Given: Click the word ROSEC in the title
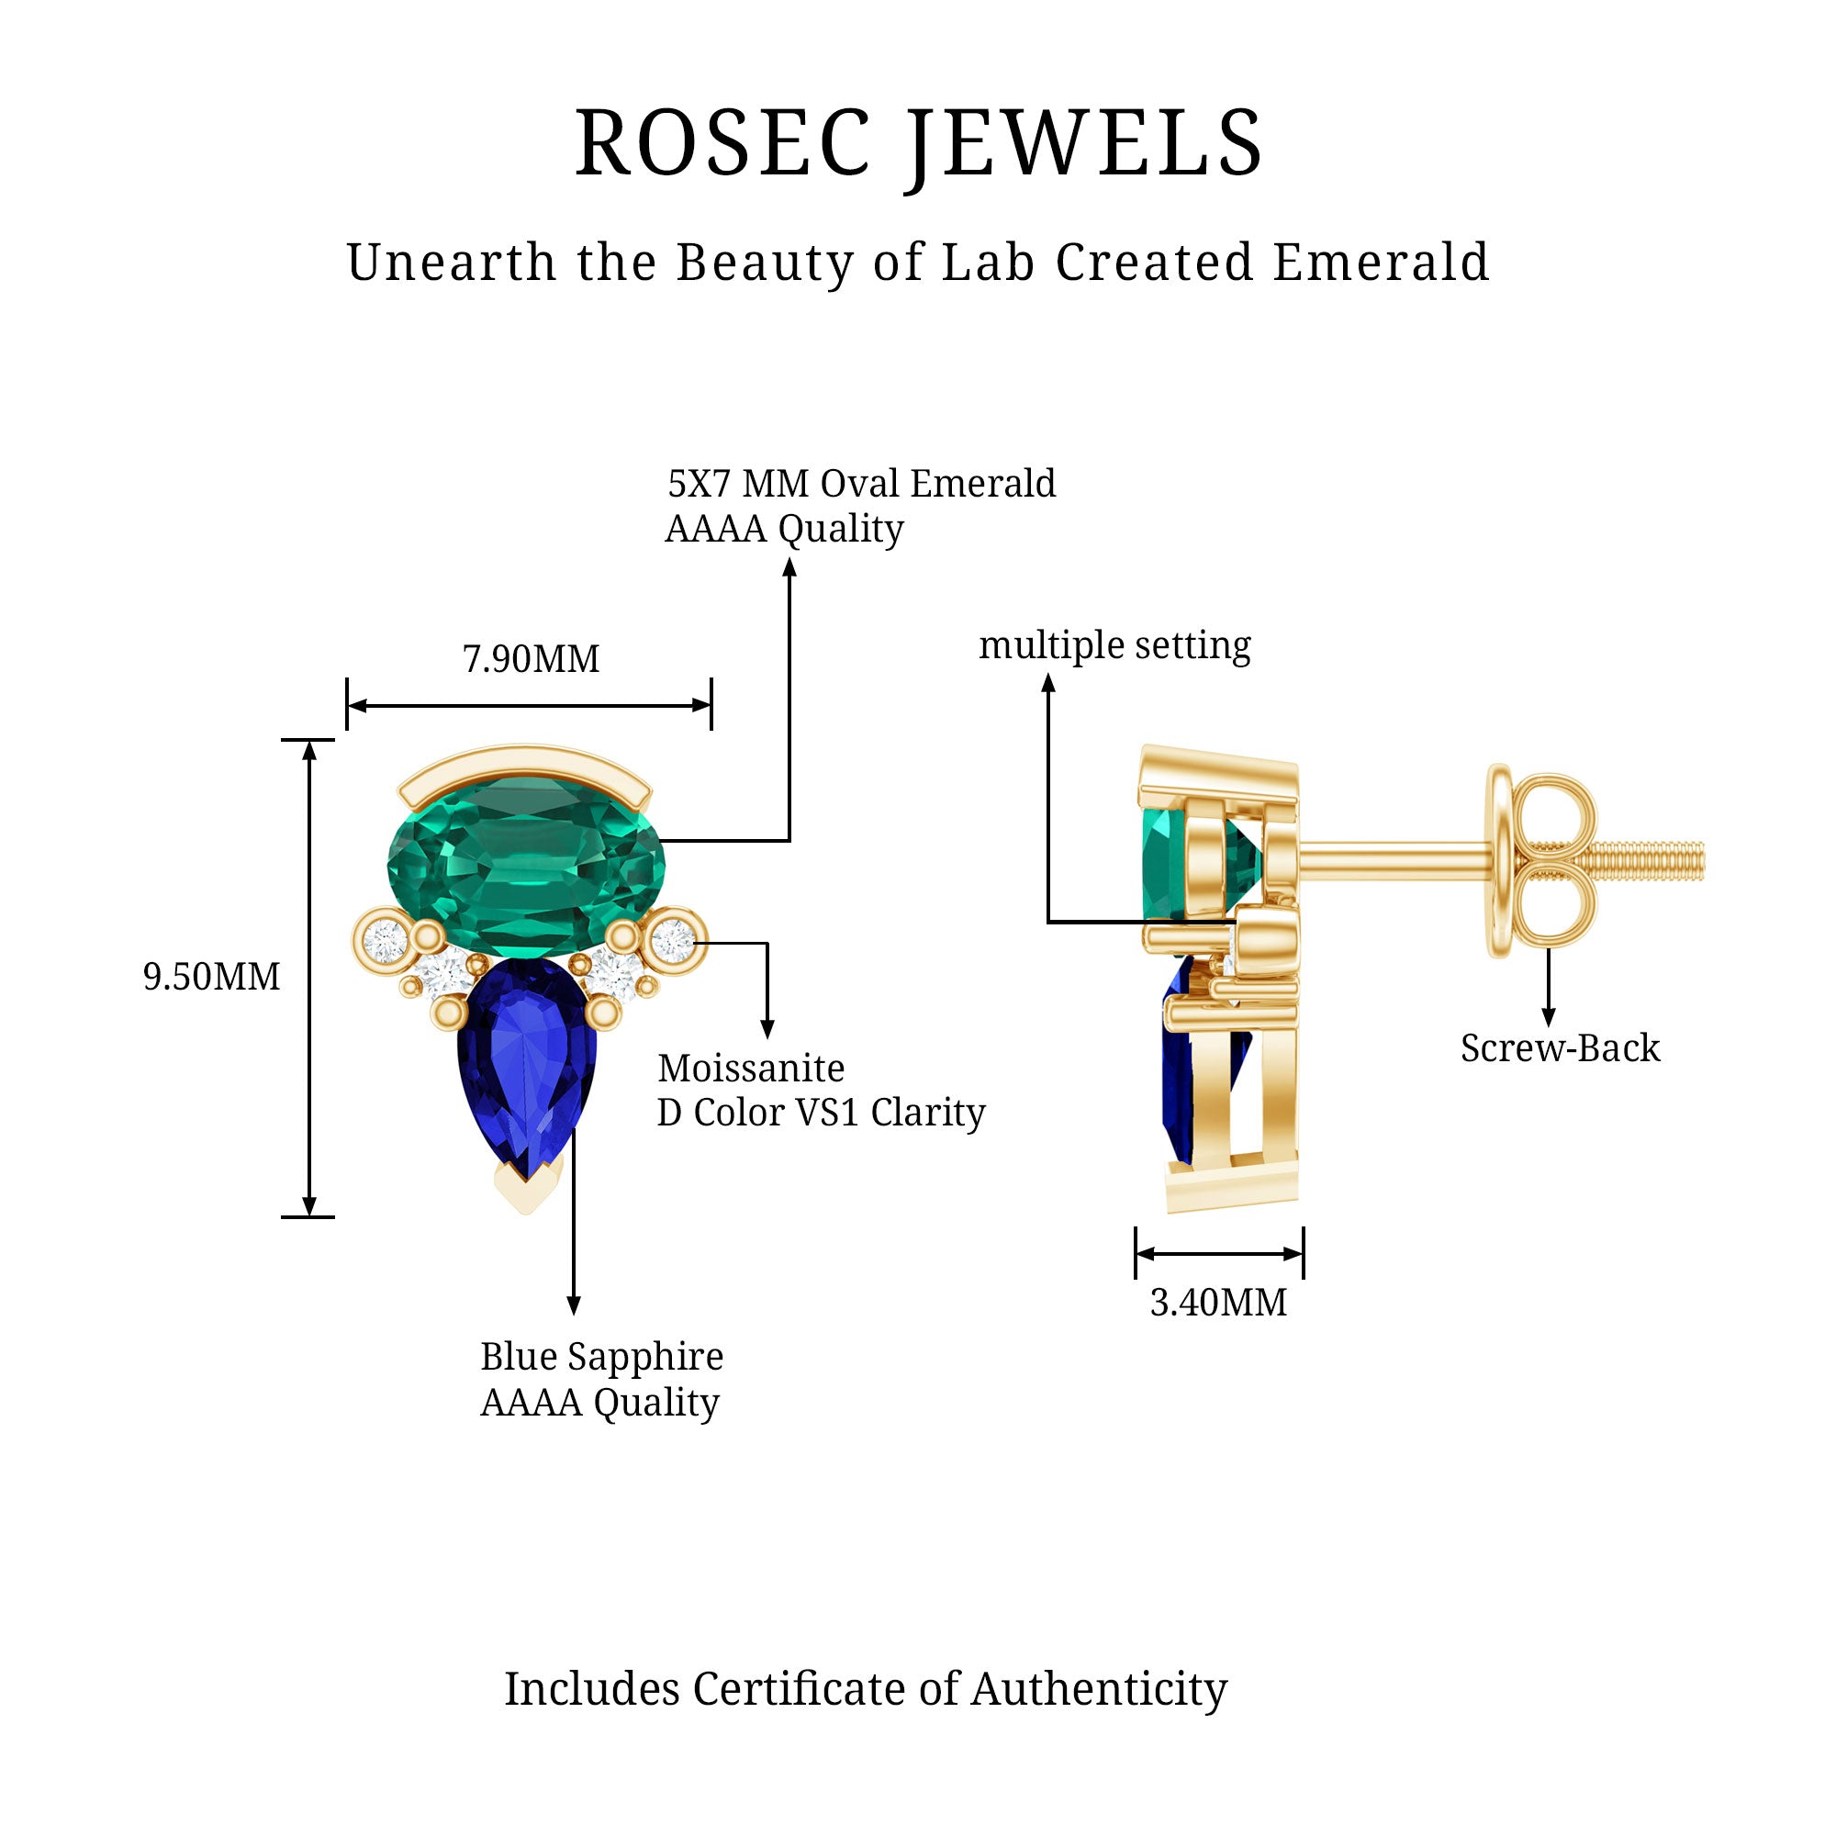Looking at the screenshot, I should pos(722,144).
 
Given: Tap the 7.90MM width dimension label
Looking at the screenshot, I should pos(531,658).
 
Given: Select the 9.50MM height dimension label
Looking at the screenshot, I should pos(211,977).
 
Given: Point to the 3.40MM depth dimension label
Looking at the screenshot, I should pos(1218,1302).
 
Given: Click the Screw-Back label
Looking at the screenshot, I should pos(1560,1048).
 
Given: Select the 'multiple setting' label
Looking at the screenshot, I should pos(1114,645).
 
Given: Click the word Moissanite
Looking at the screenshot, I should pos(751,1069).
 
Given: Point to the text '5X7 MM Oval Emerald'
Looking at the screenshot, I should pos(861,484).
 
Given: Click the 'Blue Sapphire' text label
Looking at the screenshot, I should pos(601,1356).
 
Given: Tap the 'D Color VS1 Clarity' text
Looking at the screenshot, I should pos(821,1113).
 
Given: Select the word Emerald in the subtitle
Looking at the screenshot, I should pos(1380,263).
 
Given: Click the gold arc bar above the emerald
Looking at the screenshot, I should pos(524,766).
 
